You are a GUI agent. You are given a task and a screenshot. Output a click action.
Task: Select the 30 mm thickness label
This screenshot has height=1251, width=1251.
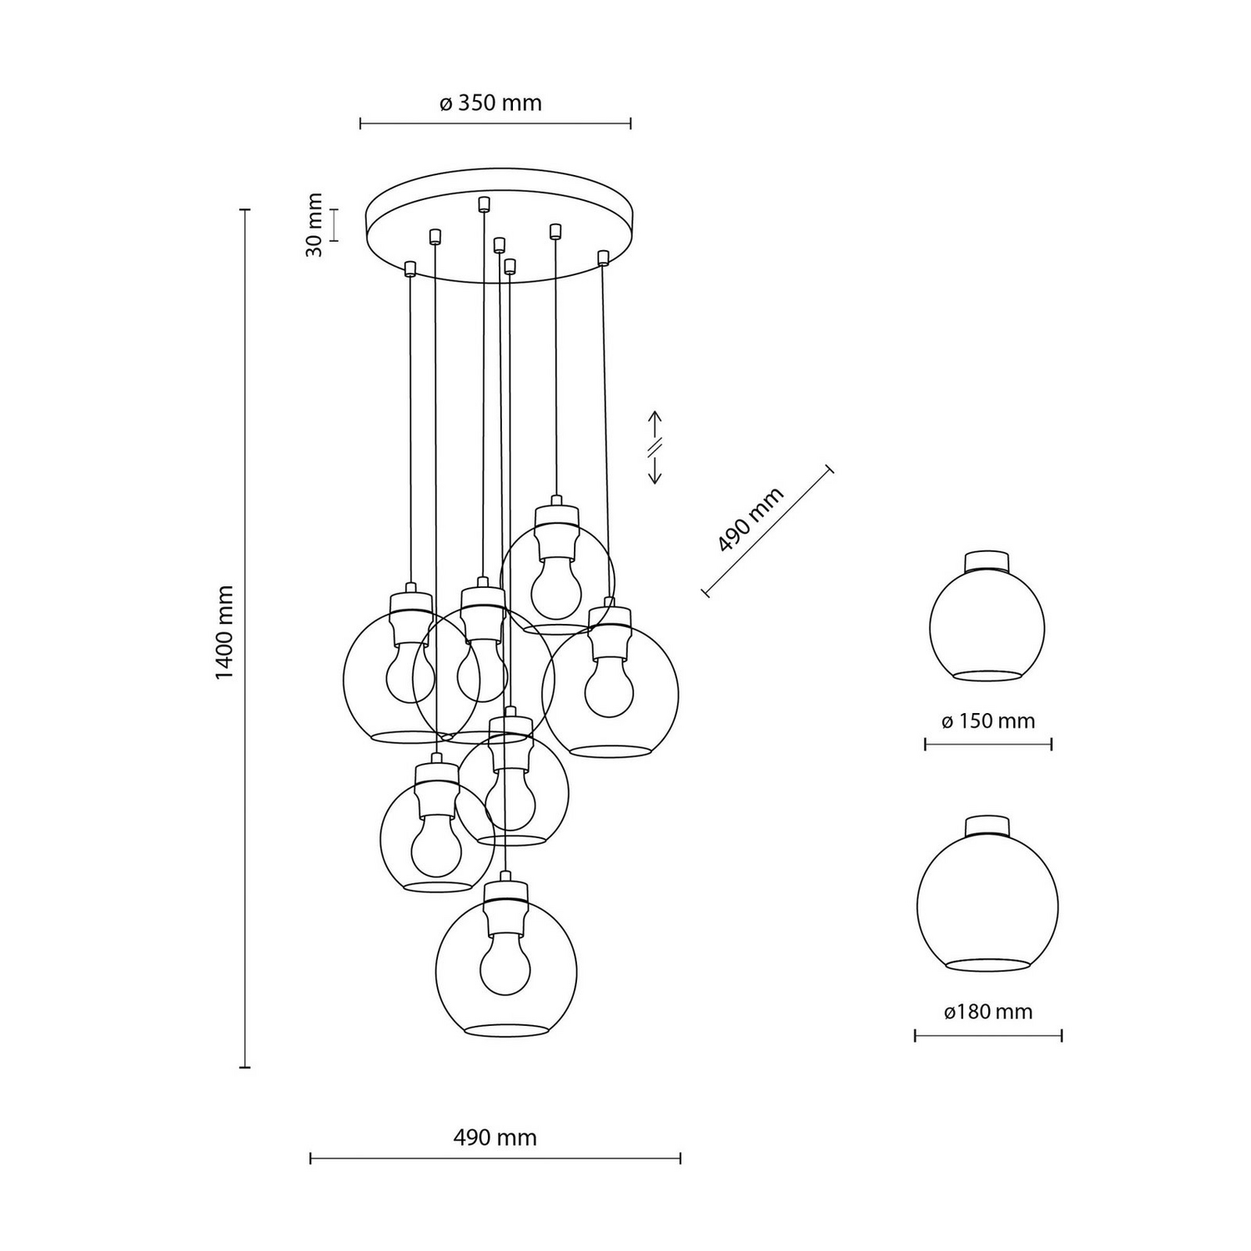click(x=314, y=224)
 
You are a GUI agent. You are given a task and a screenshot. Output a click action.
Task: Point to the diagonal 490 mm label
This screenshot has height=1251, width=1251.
click(x=751, y=520)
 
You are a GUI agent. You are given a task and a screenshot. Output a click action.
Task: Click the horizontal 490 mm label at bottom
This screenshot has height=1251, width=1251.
click(x=495, y=1138)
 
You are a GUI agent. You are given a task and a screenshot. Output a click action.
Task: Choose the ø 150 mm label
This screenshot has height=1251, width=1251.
click(x=988, y=721)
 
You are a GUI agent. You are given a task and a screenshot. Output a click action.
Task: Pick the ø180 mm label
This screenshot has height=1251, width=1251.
click(x=988, y=1012)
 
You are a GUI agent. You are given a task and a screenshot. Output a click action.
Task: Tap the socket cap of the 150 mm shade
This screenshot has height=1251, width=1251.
click(x=987, y=560)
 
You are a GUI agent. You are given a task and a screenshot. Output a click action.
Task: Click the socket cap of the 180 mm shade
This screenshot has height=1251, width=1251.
click(x=987, y=826)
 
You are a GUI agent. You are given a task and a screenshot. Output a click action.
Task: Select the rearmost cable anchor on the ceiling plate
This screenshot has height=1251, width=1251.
click(x=484, y=203)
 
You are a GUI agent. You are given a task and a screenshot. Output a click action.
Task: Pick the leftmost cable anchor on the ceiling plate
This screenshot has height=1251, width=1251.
click(x=409, y=268)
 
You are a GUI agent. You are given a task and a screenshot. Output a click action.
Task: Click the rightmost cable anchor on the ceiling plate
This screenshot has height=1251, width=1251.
click(x=603, y=256)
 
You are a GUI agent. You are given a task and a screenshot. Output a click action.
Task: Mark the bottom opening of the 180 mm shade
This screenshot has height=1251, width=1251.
click(x=987, y=965)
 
